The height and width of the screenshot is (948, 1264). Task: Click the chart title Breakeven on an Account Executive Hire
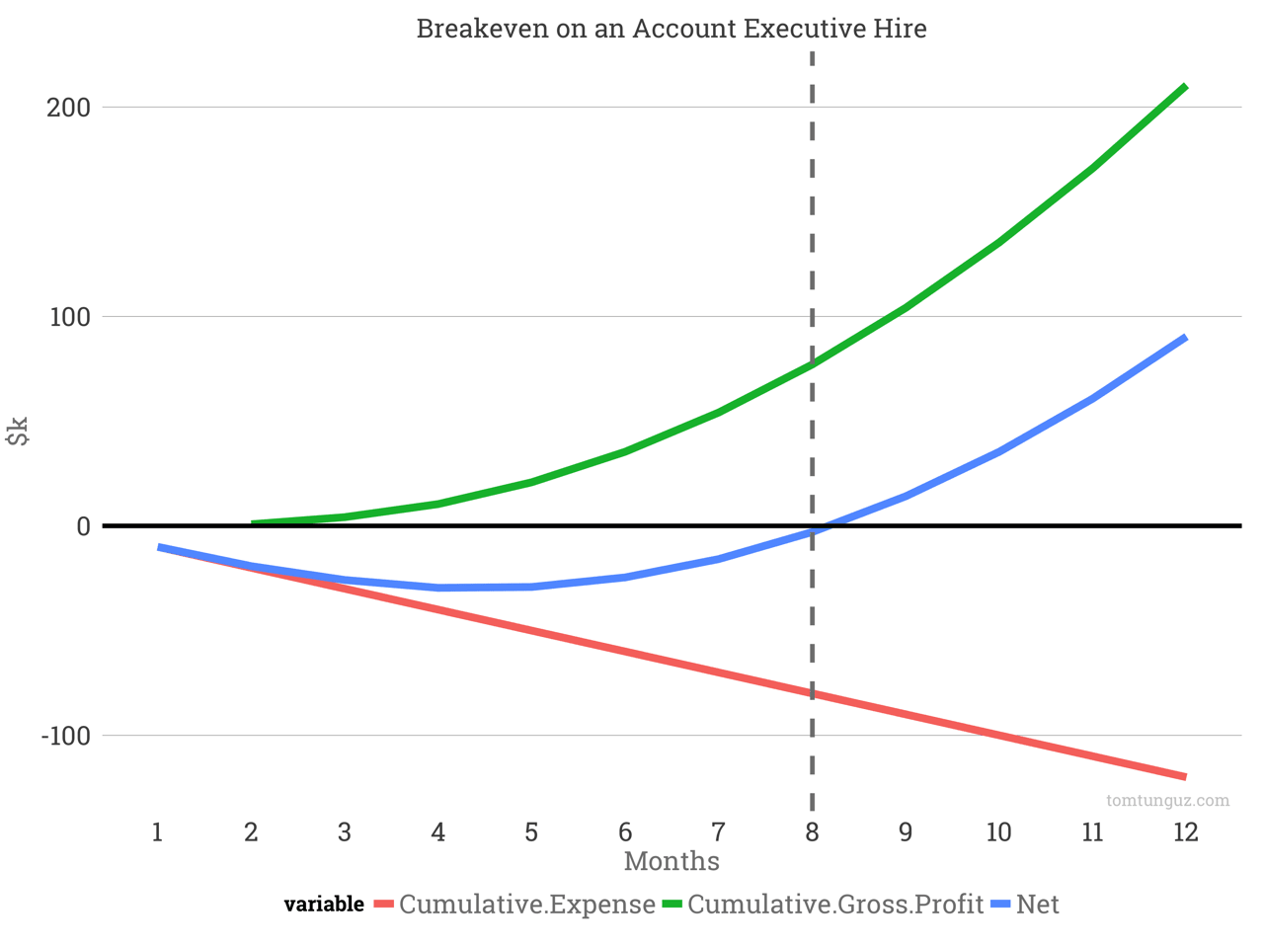point(671,28)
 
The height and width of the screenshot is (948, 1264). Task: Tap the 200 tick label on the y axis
point(68,107)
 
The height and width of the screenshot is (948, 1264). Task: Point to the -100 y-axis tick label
point(65,736)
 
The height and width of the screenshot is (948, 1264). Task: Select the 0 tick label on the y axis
point(83,526)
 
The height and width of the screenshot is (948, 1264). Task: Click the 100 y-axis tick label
point(68,317)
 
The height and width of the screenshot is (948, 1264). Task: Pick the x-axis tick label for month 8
point(812,832)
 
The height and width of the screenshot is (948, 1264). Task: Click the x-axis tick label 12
point(1185,832)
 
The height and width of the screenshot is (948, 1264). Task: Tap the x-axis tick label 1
point(157,832)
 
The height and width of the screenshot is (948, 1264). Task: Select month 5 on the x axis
point(531,832)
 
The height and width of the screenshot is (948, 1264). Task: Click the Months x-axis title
point(671,861)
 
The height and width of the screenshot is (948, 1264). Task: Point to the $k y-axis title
point(18,432)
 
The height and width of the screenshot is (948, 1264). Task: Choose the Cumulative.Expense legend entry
point(526,905)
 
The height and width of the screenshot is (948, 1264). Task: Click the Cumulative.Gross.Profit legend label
point(834,905)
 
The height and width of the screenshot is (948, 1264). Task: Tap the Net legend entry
point(1037,905)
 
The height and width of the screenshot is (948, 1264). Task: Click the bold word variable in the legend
point(324,905)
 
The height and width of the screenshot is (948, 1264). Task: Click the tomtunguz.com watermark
point(1167,800)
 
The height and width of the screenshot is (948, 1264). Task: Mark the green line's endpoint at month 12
point(1185,87)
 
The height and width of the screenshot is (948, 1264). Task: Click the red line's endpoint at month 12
point(1185,777)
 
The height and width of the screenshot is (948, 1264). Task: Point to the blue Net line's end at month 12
point(1185,338)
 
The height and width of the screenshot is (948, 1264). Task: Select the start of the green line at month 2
point(253,522)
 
